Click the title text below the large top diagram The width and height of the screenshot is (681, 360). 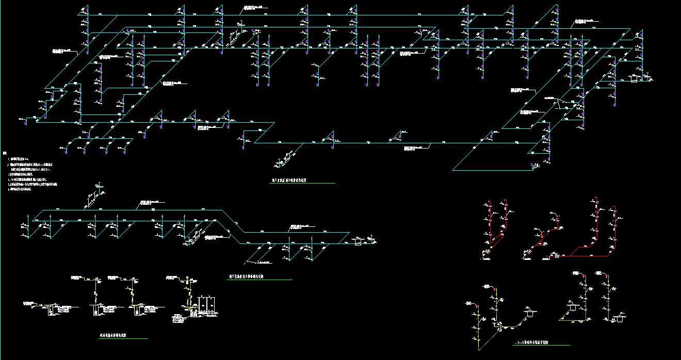click(290, 181)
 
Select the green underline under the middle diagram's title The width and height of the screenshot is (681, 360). click(261, 280)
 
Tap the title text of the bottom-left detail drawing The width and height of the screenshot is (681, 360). click(113, 336)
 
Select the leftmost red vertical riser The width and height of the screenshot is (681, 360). click(490, 227)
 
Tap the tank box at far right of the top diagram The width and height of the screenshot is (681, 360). click(634, 78)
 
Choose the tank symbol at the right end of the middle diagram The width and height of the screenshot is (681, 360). click(358, 241)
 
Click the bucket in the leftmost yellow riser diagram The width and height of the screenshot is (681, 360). click(529, 313)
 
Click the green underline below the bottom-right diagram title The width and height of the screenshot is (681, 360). click(542, 346)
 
